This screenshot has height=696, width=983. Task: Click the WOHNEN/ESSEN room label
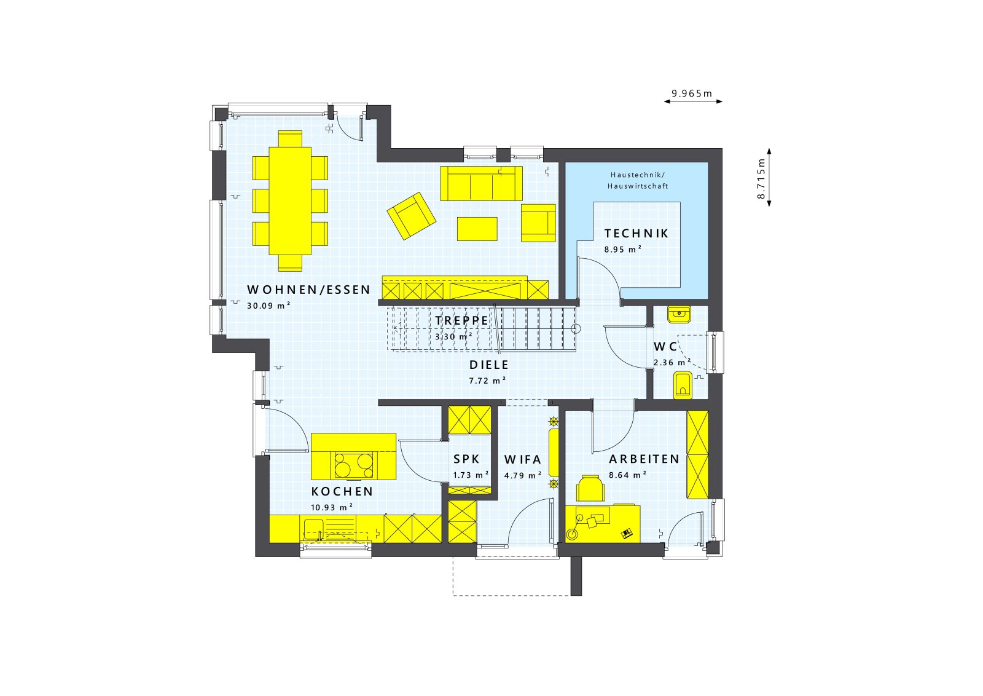point(308,290)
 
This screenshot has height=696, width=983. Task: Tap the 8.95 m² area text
point(622,250)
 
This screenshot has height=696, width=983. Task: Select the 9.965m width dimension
point(692,94)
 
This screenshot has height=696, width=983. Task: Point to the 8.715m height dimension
point(762,178)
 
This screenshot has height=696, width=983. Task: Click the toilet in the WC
point(682,386)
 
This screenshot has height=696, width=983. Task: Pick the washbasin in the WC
point(679,314)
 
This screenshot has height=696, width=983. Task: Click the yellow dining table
point(290,200)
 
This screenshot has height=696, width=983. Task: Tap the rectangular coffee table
point(477,229)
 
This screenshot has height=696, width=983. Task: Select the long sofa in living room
point(481,183)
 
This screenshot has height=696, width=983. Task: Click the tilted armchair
point(411,215)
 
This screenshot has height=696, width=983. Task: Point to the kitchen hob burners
point(353,465)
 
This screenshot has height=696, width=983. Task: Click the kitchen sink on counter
point(313,528)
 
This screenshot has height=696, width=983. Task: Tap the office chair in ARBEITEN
point(590,488)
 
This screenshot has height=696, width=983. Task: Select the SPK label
point(466,459)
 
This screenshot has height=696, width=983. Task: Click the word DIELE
point(489,365)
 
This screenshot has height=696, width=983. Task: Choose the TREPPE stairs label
point(462,320)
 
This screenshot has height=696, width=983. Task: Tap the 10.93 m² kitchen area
point(332,507)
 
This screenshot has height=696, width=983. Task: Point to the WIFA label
point(523,459)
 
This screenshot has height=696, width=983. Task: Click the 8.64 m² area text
point(627,475)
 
